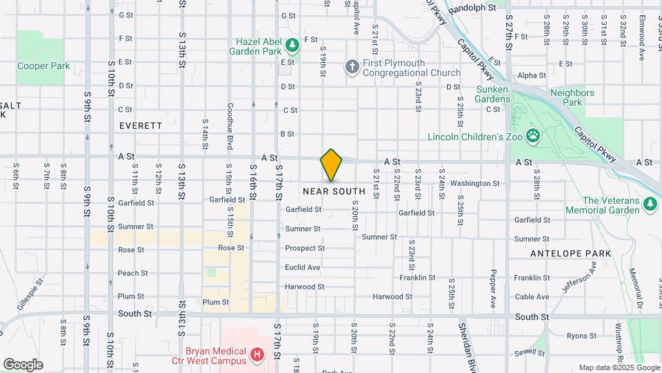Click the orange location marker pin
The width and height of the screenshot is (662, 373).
(331, 165)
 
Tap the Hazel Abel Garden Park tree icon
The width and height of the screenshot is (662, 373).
(294, 45)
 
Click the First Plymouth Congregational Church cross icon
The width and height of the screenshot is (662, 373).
(352, 67)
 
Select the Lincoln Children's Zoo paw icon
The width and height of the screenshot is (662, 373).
(533, 135)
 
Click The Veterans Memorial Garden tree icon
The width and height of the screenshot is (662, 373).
(649, 204)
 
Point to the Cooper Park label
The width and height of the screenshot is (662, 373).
(43, 66)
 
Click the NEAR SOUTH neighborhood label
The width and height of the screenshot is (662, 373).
(334, 191)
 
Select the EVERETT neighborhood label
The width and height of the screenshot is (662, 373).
(141, 126)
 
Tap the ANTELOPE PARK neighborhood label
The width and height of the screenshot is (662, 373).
(570, 254)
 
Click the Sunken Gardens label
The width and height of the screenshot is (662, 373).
(492, 94)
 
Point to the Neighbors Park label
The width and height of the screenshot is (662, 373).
(572, 97)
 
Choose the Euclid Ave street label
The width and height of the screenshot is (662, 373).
(303, 267)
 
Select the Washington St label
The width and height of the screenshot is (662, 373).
(474, 184)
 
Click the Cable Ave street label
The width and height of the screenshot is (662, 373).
(532, 297)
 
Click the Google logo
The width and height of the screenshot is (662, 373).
(23, 364)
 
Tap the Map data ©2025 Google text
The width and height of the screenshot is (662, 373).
(618, 367)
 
